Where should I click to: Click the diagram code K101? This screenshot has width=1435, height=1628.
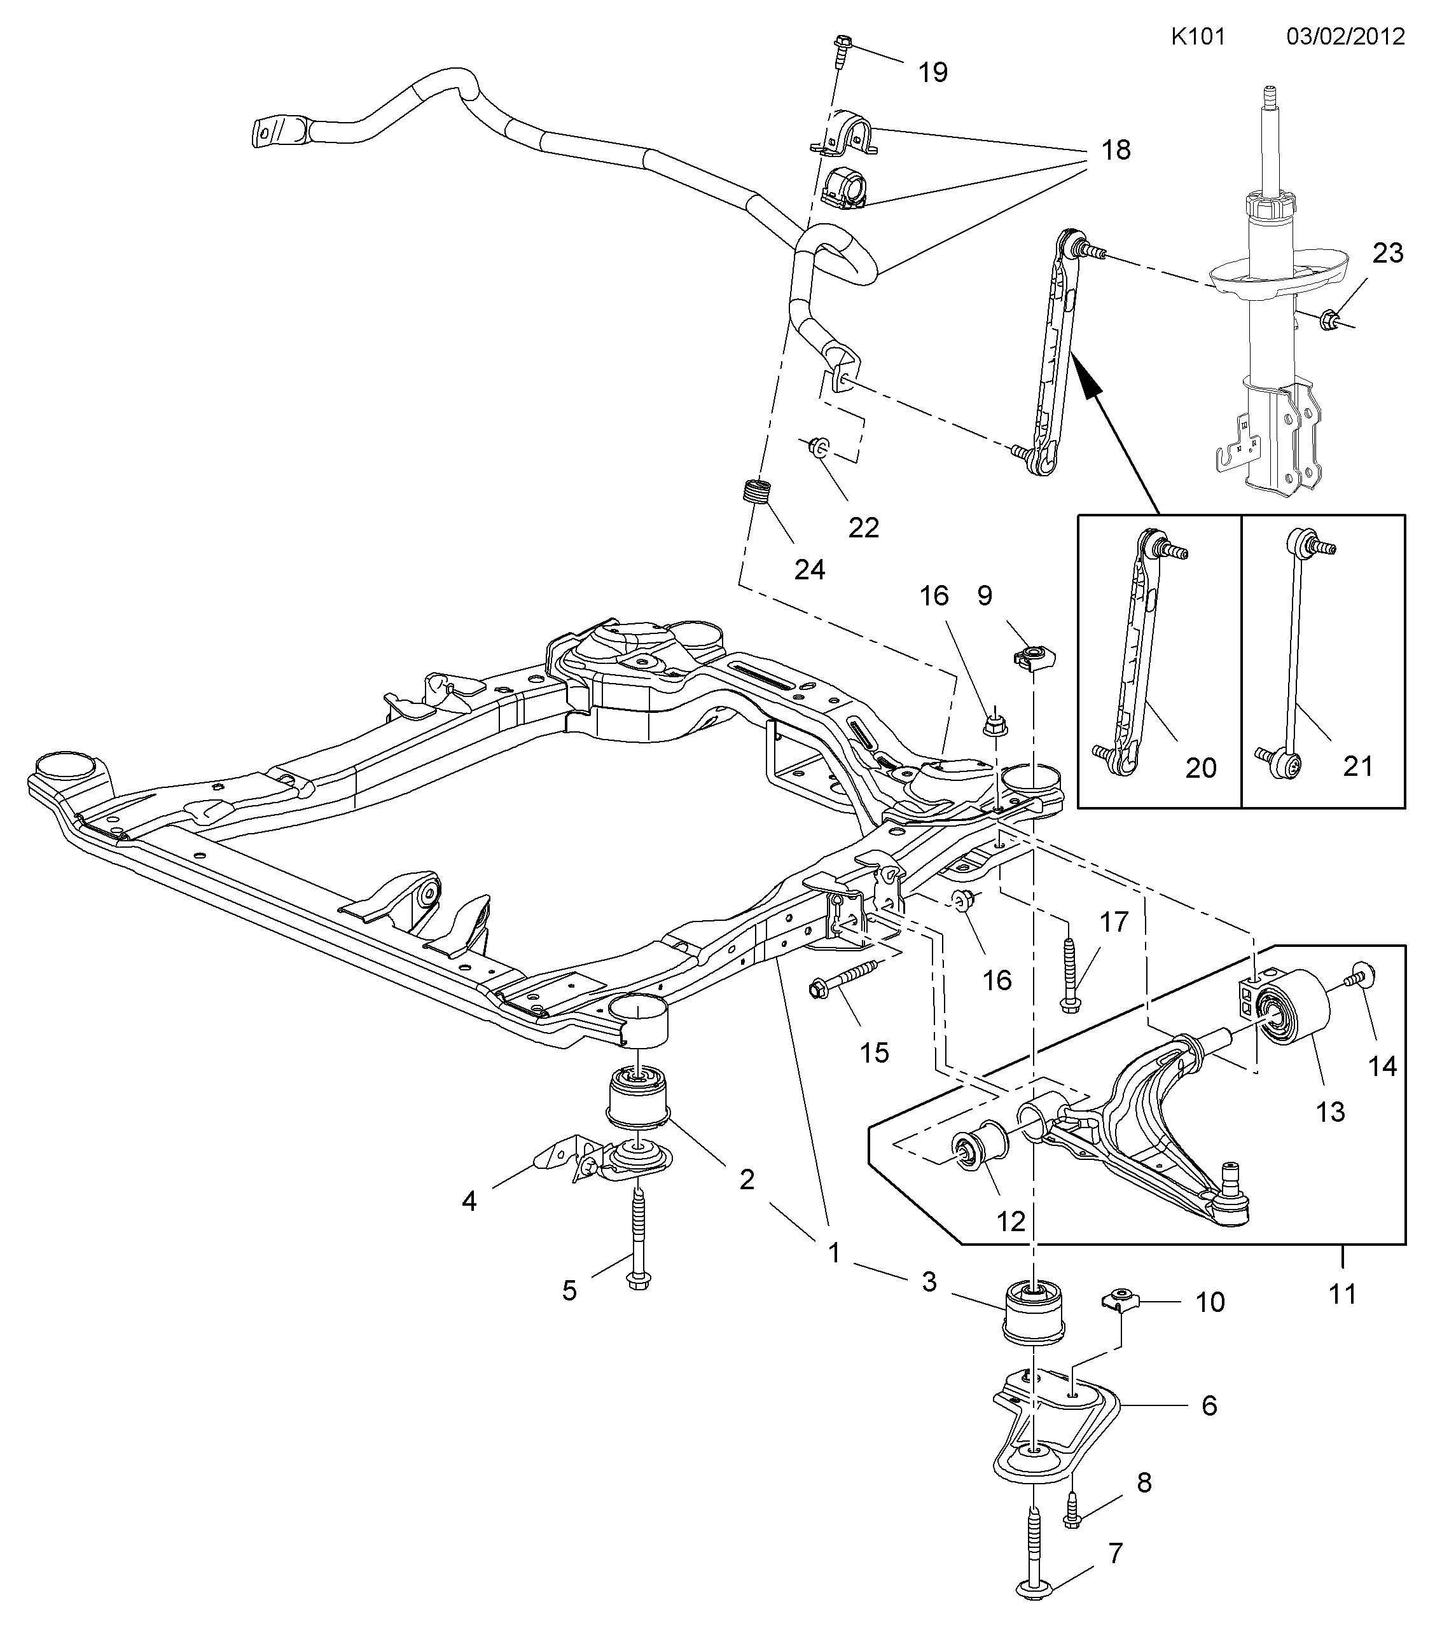point(1198,37)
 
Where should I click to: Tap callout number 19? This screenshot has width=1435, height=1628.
point(933,72)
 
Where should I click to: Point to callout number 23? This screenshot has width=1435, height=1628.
point(1388,252)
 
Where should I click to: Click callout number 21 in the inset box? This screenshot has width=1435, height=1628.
point(1357,766)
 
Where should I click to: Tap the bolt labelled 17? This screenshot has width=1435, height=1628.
point(1069,976)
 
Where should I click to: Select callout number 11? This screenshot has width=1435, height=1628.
point(1343,1293)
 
